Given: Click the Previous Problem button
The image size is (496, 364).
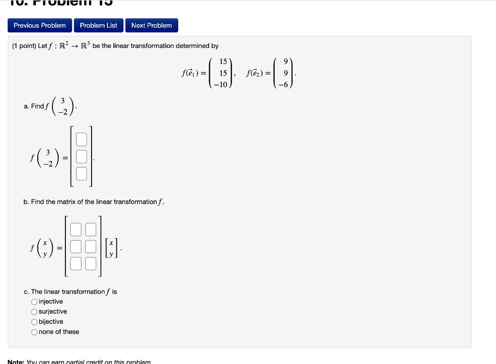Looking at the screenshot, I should tap(40, 26).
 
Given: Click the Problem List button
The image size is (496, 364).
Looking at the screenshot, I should tap(98, 26).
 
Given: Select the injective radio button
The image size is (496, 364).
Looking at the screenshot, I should tap(34, 302).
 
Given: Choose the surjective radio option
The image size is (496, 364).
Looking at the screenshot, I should tap(34, 312).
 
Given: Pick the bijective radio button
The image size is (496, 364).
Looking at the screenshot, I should tap(34, 322).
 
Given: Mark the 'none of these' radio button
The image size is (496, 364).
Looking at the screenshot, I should tap(34, 332).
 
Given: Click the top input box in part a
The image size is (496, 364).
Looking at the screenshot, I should tap(81, 140).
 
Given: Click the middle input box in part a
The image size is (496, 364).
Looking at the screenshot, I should tap(81, 157).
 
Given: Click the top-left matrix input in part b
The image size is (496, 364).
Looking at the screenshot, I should tap(76, 230).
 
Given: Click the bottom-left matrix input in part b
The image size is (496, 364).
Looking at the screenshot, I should tap(76, 264).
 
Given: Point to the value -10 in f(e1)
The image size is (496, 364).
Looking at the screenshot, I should tap(221, 84).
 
